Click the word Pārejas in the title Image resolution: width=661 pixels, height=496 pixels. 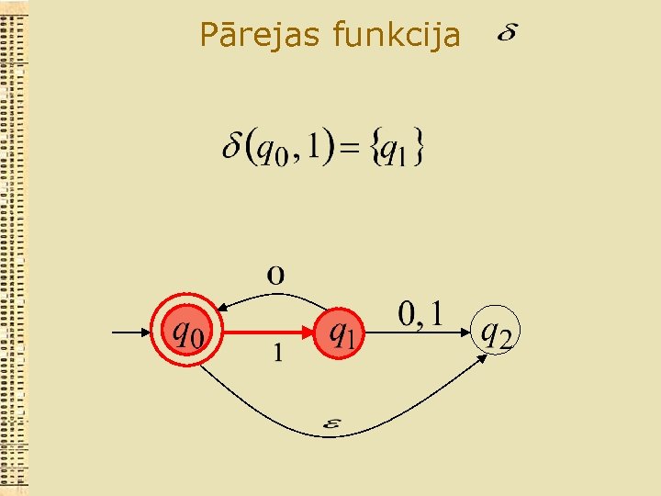[x=262, y=36]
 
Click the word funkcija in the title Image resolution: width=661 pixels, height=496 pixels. [x=398, y=36]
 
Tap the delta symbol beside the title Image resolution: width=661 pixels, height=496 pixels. [x=506, y=34]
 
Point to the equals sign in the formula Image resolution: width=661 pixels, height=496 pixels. [x=350, y=149]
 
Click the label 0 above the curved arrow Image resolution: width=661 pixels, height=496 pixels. [x=275, y=275]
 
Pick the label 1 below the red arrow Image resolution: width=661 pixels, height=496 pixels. [x=278, y=352]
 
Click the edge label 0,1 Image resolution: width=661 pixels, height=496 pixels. [x=420, y=314]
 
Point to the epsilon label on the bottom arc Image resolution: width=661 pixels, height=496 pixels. [x=331, y=423]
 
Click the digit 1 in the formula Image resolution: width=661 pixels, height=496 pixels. [x=317, y=146]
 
